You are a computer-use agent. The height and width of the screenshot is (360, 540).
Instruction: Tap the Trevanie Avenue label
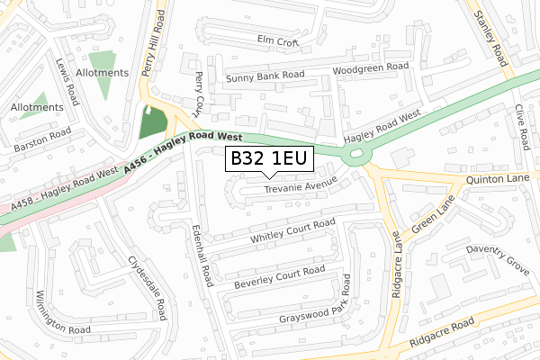pyautogui.click(x=301, y=187)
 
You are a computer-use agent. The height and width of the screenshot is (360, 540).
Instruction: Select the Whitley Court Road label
pyautogui.click(x=292, y=230)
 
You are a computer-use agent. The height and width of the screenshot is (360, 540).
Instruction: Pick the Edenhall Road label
pyautogui.click(x=204, y=256)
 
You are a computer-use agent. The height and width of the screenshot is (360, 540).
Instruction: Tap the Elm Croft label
pyautogui.click(x=276, y=40)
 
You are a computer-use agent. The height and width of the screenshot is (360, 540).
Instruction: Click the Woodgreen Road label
pyautogui.click(x=371, y=67)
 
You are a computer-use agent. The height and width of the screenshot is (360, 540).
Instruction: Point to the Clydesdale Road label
pyautogui.click(x=148, y=286)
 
